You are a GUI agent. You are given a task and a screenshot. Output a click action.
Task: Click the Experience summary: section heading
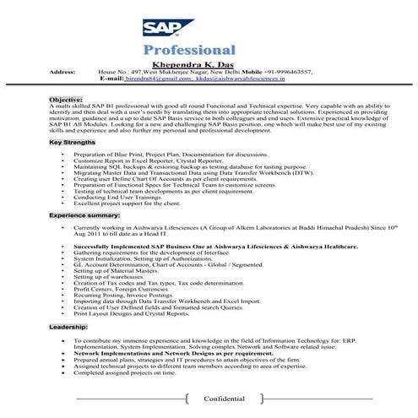pos(84,216)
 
